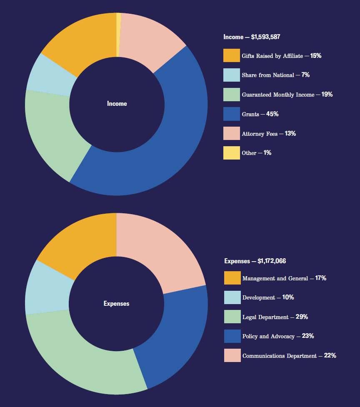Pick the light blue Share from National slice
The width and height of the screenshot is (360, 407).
coord(48,75)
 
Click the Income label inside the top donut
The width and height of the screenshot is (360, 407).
coord(117,104)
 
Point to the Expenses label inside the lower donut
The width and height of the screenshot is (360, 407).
coord(116,304)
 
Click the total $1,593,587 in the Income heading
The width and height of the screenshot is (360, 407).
coord(265,37)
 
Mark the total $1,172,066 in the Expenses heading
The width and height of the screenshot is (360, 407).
coord(272,261)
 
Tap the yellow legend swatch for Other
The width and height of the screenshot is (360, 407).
coord(231,153)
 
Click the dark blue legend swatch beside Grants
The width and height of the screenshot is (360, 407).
coord(231,114)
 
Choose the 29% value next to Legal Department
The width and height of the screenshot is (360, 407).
coord(302,317)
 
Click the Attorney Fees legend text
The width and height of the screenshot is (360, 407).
coord(260,134)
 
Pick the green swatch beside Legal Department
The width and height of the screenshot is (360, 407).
coord(232,317)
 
